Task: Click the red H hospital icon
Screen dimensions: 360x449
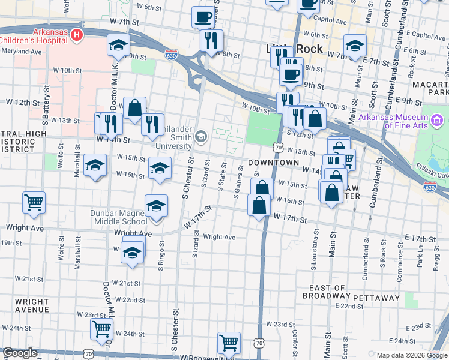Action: pyautogui.click(x=76, y=35)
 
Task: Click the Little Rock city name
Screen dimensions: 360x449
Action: pyautogui.click(x=294, y=49)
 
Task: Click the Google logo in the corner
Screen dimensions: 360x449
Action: pyautogui.click(x=20, y=353)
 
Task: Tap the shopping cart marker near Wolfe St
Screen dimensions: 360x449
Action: pyautogui.click(x=34, y=202)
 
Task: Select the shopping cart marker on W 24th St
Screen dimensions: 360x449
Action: pyautogui.click(x=102, y=328)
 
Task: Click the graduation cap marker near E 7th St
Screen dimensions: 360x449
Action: pyautogui.click(x=355, y=46)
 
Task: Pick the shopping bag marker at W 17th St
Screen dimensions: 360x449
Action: pyautogui.click(x=259, y=206)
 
